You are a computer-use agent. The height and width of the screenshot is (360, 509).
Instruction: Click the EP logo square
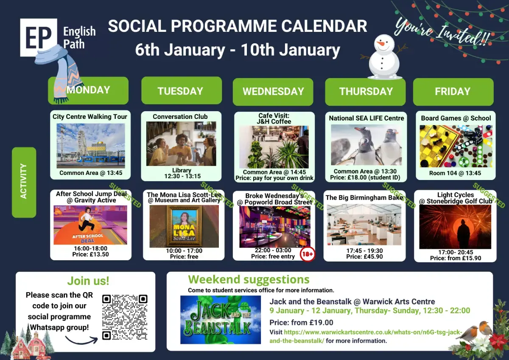39,37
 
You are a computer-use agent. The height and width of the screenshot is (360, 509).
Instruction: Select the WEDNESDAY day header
273,92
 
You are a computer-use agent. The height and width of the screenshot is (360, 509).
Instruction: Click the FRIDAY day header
453,92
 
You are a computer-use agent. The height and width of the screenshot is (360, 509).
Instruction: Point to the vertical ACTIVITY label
24,182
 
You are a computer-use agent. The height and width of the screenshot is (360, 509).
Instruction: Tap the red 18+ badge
308,254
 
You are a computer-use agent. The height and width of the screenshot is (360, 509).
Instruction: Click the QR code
125,317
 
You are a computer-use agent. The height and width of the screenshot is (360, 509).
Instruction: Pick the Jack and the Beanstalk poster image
221,320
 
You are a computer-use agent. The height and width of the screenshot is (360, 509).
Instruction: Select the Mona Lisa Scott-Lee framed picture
184,226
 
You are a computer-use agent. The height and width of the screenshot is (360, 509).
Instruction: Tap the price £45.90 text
364,257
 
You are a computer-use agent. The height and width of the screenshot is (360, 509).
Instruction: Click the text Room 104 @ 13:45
455,173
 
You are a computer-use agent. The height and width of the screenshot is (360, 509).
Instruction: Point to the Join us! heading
88,281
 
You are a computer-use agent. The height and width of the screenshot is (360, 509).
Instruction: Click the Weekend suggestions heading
249,279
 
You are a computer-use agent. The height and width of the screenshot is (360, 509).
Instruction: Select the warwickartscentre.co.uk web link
366,336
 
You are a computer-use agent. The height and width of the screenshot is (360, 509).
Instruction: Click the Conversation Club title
180,117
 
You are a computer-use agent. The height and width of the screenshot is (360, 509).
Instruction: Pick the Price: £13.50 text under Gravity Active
90,254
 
